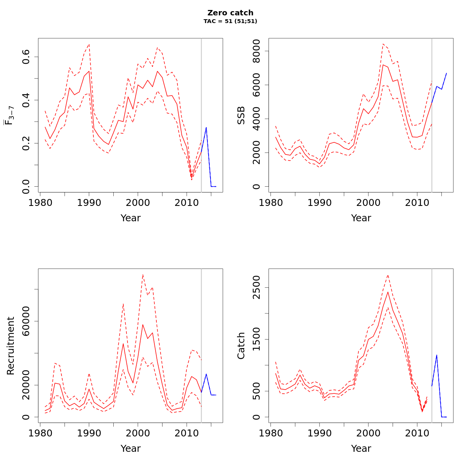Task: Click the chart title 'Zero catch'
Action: point(230,13)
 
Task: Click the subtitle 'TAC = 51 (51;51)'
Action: point(230,22)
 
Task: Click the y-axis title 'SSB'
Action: point(241,115)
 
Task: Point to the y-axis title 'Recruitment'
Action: point(11,346)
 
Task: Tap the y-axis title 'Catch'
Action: point(241,346)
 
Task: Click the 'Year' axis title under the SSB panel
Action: point(361,218)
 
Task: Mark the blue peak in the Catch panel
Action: point(437,355)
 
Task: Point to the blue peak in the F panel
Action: point(206,128)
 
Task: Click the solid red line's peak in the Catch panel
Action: point(388,292)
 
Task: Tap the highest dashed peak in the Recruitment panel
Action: point(143,274)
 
